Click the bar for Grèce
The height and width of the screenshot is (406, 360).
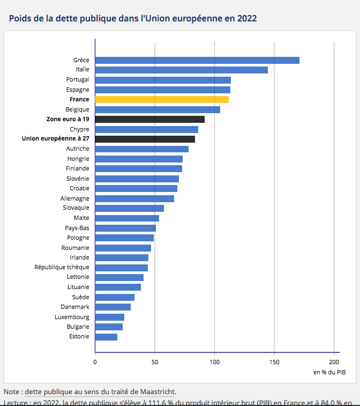197,60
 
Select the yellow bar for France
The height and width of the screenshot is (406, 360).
161,99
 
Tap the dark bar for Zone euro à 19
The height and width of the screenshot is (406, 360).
149,119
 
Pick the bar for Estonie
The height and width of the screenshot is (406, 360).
106,337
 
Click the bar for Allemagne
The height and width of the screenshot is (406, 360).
134,198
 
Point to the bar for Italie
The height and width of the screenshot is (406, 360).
181,70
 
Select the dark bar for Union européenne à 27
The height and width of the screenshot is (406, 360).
145,139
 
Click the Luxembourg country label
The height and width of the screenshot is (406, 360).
72,317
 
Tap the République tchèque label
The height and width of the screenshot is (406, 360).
62,267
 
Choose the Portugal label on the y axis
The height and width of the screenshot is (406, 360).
77,80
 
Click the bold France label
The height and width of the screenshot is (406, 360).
79,100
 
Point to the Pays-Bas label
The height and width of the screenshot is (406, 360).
77,228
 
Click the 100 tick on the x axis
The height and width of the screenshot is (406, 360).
214,361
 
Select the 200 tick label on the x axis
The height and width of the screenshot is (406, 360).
334,361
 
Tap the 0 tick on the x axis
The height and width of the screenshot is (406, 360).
95,361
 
